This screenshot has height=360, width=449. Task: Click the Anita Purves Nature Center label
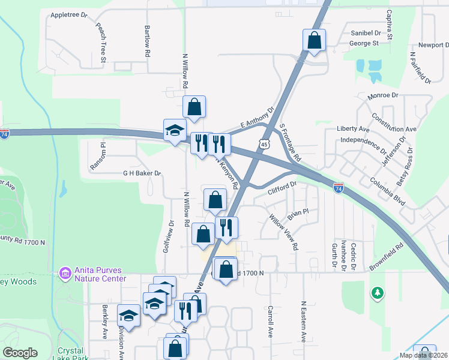(100, 274)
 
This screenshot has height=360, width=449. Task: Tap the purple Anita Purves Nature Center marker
(65, 274)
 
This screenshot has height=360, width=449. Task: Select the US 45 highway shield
(265, 144)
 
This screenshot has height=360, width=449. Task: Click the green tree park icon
(378, 293)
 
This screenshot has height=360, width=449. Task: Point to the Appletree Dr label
(69, 14)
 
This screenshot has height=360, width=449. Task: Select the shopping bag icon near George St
(314, 41)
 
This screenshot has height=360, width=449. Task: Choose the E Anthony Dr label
(256, 119)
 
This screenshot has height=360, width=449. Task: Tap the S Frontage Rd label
(290, 140)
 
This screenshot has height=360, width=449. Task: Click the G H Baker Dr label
(142, 173)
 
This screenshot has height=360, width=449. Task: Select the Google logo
(20, 353)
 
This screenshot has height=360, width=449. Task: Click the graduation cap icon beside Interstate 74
(175, 131)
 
